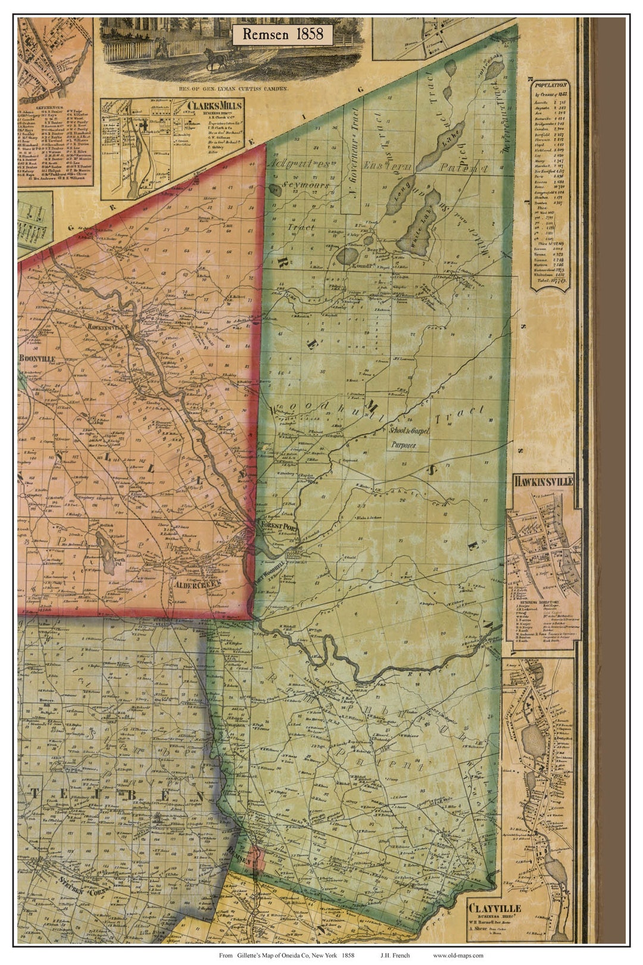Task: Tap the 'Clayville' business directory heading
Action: coord(494,908)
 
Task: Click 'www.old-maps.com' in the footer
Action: coord(458,955)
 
